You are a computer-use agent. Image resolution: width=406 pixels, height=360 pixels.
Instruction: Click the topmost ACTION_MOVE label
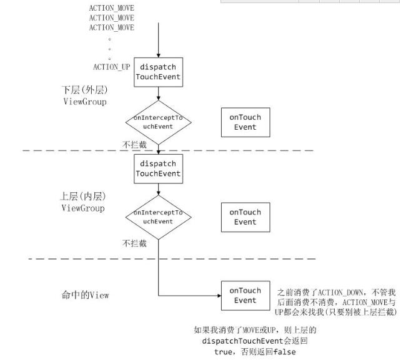pos(111,7)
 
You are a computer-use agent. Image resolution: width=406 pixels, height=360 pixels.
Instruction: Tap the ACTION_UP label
pos(111,66)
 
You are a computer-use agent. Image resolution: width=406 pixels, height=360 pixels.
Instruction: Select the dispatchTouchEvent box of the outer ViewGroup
pos(159,72)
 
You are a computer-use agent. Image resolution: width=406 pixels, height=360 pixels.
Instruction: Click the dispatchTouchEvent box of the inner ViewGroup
pos(159,168)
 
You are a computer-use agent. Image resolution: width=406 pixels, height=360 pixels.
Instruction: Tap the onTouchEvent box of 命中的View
pos(245,295)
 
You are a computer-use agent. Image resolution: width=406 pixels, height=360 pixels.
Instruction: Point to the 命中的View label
pos(84,295)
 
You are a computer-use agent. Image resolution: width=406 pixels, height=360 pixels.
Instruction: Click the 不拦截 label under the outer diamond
pos(134,145)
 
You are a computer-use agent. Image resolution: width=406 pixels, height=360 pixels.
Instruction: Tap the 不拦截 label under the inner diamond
pos(134,243)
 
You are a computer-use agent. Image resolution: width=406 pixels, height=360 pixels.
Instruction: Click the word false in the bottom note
pos(284,352)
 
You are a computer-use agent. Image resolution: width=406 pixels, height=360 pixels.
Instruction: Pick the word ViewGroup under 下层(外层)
pos(83,101)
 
